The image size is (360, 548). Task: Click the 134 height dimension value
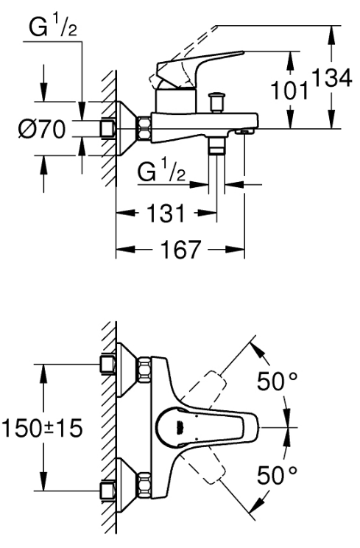[331, 78]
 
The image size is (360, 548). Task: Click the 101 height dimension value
[290, 91]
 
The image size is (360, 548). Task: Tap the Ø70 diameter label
[42, 129]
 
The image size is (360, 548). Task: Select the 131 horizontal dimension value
[166, 213]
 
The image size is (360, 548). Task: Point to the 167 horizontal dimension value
[181, 250]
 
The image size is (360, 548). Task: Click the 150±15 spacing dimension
[42, 428]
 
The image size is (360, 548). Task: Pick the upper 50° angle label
[278, 381]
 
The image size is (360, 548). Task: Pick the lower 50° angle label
[278, 475]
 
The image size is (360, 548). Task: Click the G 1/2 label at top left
[53, 27]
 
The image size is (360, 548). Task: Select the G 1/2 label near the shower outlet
[161, 172]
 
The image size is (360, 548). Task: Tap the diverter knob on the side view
[215, 102]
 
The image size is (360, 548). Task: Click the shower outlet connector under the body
[216, 145]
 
